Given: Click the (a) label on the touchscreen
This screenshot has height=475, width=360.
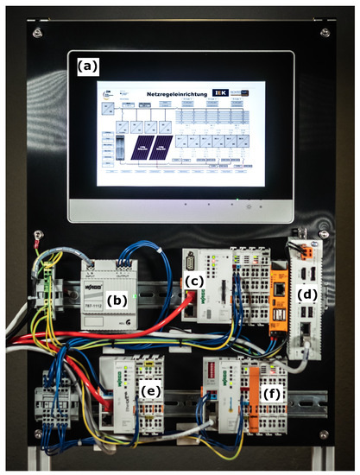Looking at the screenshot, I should tap(87, 66).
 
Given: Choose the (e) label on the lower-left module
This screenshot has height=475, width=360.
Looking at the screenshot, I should tap(151, 390).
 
